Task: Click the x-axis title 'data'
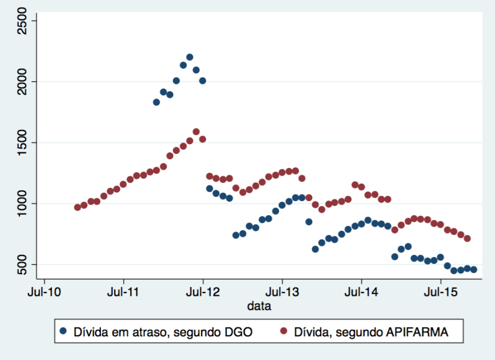pos(259,306)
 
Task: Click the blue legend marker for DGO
pos(64,331)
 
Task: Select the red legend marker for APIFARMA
pos(285,331)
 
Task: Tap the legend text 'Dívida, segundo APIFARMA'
pos(369,332)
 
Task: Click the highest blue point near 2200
pos(190,57)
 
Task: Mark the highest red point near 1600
pos(196,132)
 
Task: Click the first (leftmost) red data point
pos(77,207)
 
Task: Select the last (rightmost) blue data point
pos(474,269)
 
